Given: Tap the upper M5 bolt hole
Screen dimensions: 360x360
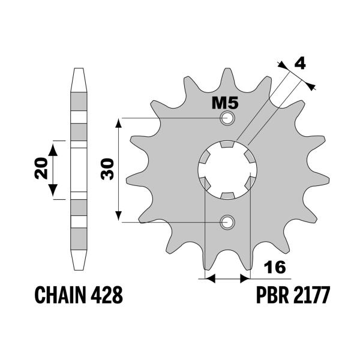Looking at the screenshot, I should click(227, 118).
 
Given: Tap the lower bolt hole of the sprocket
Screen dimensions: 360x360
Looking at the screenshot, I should click(227, 223).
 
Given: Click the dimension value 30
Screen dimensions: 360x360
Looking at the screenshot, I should click(108, 170).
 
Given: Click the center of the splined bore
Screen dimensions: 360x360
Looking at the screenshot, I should click(227, 170).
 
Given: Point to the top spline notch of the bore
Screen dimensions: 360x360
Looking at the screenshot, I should click(227, 144).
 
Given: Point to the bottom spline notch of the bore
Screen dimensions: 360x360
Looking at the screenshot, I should click(227, 196).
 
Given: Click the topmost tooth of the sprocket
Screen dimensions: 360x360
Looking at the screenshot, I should click(227, 75).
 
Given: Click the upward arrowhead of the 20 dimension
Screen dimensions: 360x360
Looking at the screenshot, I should click(54, 147).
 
